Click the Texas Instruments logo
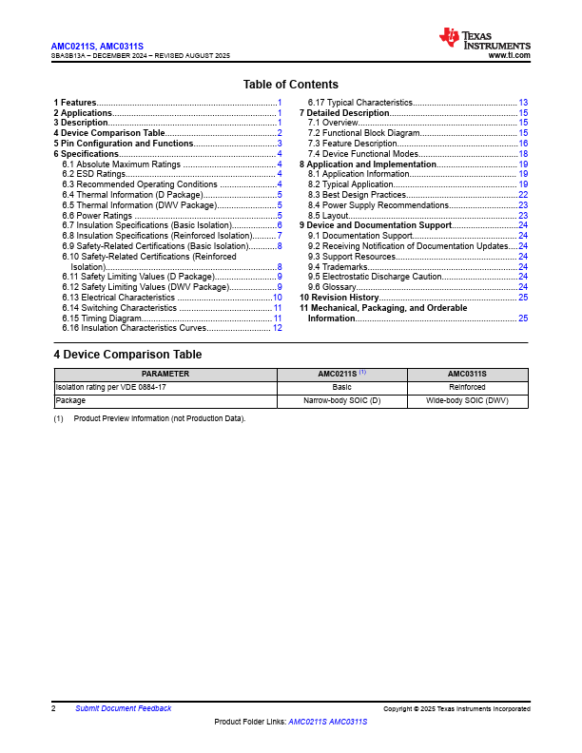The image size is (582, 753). click(484, 39)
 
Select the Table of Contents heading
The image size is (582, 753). click(290, 85)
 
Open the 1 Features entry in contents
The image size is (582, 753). click(74, 102)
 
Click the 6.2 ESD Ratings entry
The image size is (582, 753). click(93, 174)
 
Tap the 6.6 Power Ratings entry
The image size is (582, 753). click(97, 216)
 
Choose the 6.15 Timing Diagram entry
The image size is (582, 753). click(102, 319)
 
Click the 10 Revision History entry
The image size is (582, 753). click(339, 298)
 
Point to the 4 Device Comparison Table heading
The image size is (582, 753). click(127, 355)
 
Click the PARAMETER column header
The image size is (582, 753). click(165, 375)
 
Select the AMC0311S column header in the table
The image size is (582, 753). click(467, 375)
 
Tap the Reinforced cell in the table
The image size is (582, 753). click(467, 388)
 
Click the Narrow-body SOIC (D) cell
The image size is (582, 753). click(342, 401)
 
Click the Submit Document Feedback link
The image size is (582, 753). click(124, 708)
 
